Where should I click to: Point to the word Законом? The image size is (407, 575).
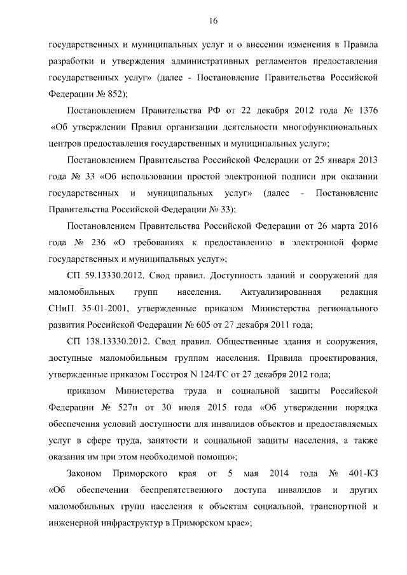coord(85,474)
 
